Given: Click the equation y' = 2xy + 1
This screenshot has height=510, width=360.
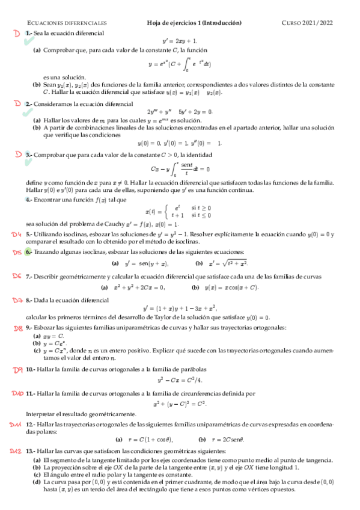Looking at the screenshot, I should pyautogui.click(x=180, y=40).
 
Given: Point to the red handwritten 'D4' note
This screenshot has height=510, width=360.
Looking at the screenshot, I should pyautogui.click(x=16, y=234).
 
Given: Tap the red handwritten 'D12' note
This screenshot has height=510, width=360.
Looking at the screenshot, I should pyautogui.click(x=16, y=449).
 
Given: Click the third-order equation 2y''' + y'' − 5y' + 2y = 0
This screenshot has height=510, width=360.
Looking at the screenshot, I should pyautogui.click(x=180, y=112).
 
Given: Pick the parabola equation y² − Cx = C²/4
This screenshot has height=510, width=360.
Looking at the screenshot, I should pyautogui.click(x=180, y=380).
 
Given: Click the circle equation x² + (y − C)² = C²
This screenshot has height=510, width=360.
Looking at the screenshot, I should pyautogui.click(x=180, y=404).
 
